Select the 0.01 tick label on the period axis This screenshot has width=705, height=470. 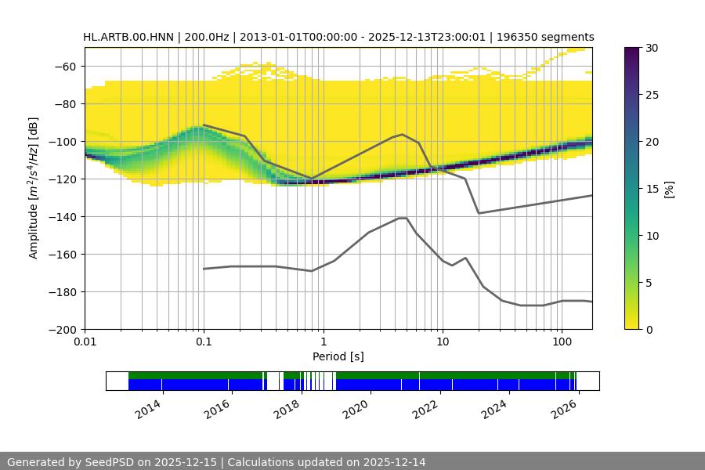(85, 342)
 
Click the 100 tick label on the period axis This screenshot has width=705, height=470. (562, 342)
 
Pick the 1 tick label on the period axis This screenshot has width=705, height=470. (323, 342)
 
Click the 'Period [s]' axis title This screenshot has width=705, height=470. (338, 356)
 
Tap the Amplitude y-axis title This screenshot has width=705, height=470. (34, 188)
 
